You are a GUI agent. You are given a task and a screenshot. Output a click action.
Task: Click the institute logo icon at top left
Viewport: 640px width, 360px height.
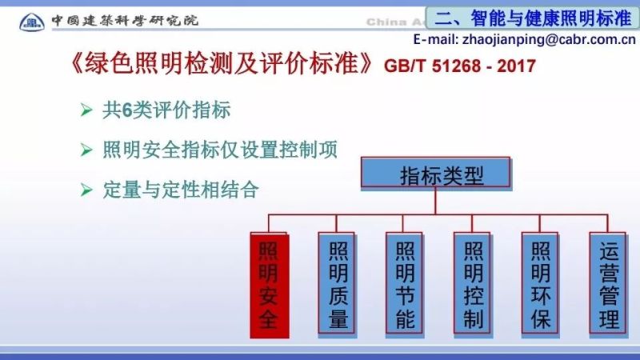[x=32, y=18]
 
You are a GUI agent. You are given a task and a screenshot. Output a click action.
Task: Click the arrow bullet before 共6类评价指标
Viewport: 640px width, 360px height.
[x=86, y=110]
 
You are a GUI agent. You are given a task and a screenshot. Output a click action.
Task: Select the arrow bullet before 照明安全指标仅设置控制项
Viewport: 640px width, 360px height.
[x=86, y=150]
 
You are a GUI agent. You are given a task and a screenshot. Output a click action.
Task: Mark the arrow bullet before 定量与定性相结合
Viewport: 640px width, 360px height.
[x=86, y=190]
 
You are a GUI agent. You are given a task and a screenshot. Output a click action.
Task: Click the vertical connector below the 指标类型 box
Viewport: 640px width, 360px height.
[x=436, y=203]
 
